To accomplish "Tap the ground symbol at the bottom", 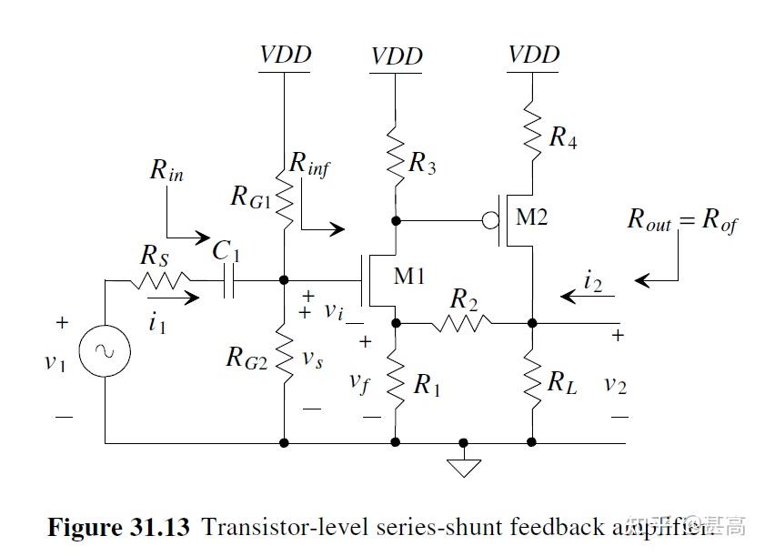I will point(465,466).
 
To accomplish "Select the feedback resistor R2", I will point(461,321).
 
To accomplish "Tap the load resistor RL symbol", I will point(532,380).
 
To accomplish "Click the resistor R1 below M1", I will point(396,381).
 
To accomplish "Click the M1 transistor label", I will point(409,276).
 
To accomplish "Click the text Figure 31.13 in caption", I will point(118,526).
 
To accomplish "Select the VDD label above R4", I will point(534,55).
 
